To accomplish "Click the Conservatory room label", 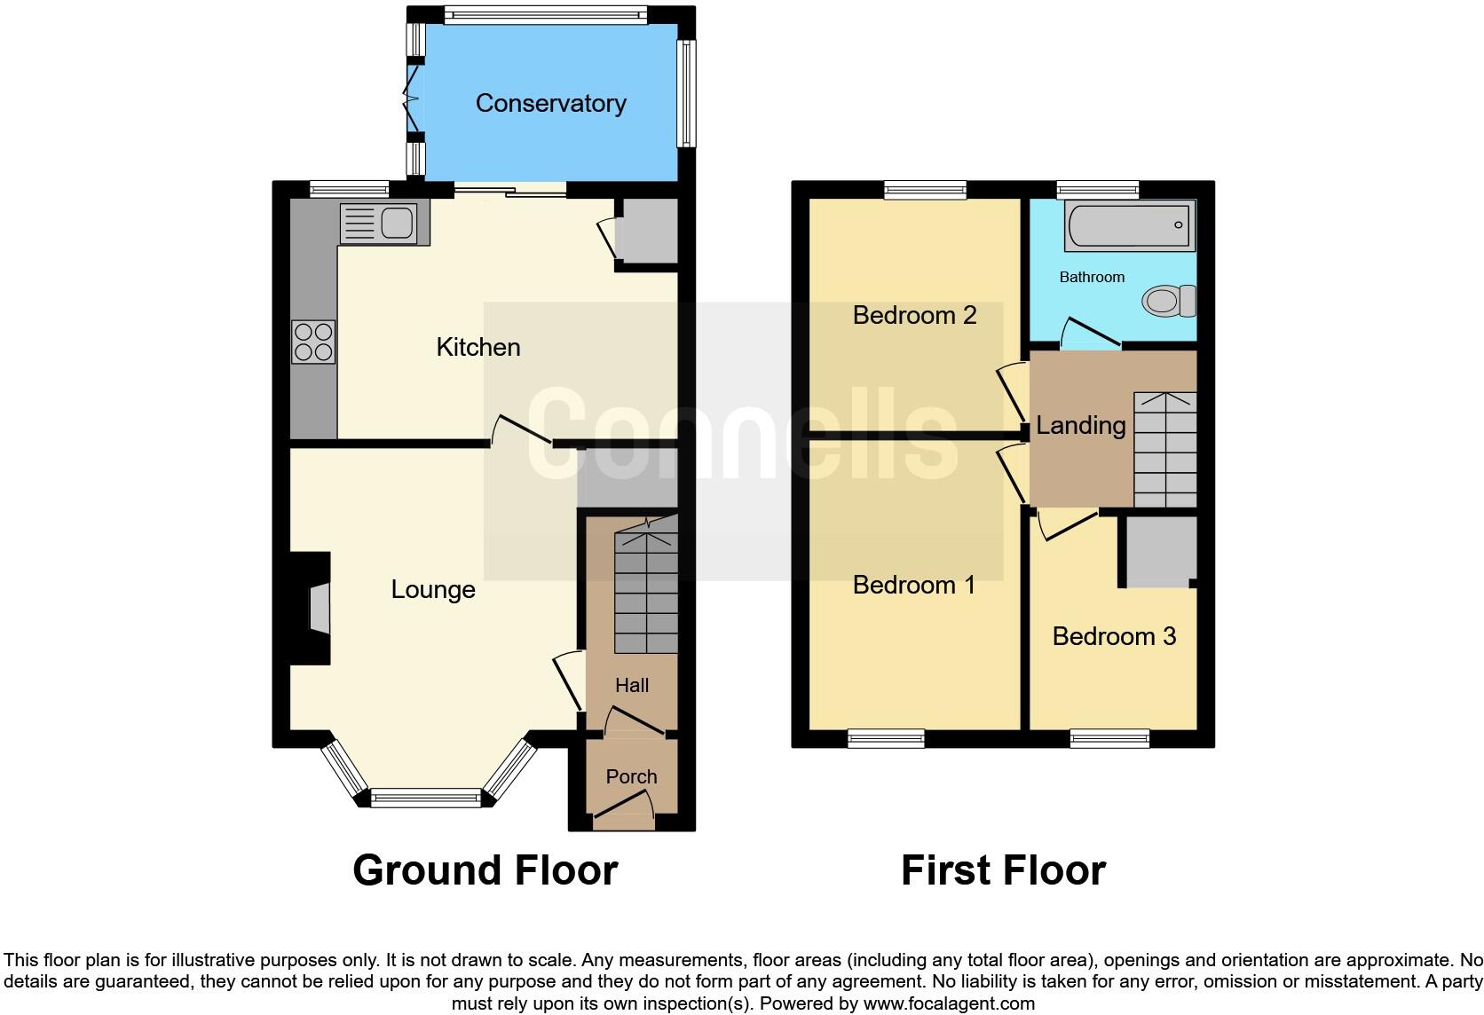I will coord(550,103).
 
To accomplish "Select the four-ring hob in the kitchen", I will coord(313,342).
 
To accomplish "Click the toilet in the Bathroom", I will coord(1169,302).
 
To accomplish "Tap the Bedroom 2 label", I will coord(914,315).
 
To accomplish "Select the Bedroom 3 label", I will coord(1113,636).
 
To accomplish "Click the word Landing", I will coord(1080,425).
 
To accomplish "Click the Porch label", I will coord(631,776).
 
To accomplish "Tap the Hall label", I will coord(631,685).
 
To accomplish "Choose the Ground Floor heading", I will coord(485,869).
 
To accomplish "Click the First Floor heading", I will coord(1003,869).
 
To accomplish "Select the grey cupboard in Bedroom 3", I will coord(1161,550).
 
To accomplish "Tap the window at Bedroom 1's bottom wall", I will coord(886,738).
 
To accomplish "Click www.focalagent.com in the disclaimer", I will coord(949,1003).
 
